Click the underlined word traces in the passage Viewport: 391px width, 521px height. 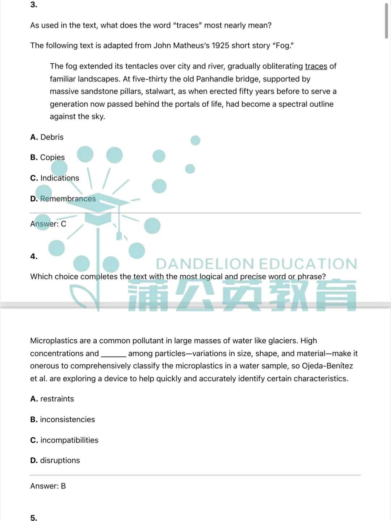[316, 66]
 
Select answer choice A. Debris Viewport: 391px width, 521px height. [47, 137]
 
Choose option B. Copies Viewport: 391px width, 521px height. [47, 157]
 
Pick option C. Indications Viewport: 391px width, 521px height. [55, 178]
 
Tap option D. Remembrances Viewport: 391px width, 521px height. [63, 199]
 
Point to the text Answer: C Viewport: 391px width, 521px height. [48, 224]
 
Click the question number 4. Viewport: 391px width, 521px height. [34, 257]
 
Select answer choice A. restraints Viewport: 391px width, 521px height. [52, 399]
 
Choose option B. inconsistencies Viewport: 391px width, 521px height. [63, 419]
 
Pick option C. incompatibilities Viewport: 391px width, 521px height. [64, 440]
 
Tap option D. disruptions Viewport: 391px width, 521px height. [55, 460]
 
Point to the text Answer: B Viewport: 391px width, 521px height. [48, 486]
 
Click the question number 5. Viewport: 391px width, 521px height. [34, 518]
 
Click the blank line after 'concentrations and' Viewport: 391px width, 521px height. [113, 354]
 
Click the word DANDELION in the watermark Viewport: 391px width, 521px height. [205, 264]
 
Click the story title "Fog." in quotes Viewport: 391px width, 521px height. [283, 46]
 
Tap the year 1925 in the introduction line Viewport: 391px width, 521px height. [220, 46]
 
